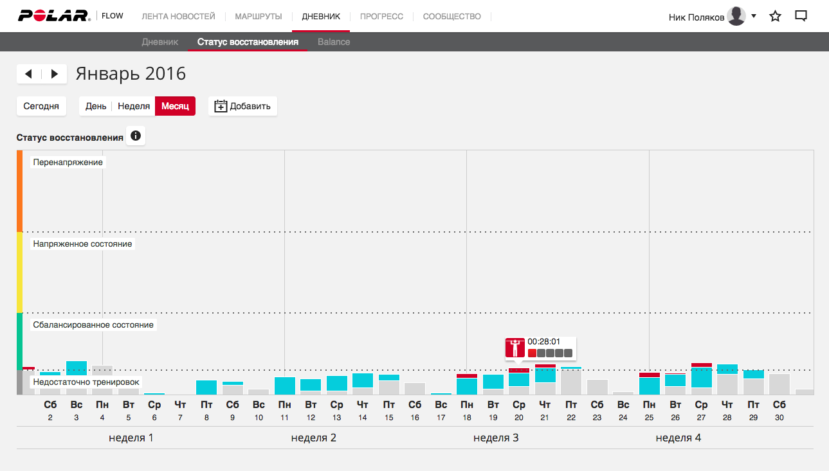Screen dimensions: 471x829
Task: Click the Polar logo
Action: pos(54,16)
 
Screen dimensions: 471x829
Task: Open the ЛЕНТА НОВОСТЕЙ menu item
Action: pos(178,17)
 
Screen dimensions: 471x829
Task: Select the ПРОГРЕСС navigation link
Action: pos(381,17)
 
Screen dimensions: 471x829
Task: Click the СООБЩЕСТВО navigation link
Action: pos(451,17)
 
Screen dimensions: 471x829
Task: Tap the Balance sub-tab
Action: pos(334,42)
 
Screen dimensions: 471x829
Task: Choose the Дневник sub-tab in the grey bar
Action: pos(159,42)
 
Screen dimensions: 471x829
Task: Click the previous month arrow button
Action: pos(29,74)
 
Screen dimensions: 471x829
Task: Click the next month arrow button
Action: pos(55,74)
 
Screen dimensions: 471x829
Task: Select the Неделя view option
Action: pos(134,106)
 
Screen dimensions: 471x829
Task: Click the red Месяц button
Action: pos(175,106)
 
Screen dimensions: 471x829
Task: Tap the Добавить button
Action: pos(242,106)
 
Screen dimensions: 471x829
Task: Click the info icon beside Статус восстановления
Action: pos(136,136)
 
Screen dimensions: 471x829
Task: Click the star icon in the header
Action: pos(775,17)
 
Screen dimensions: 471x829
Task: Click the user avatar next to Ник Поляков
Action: pos(736,16)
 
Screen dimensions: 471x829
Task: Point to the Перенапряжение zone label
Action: pos(68,163)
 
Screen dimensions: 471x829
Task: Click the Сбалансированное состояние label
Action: pos(93,325)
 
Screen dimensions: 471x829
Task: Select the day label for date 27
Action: pos(702,410)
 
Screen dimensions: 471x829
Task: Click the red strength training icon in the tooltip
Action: pos(515,348)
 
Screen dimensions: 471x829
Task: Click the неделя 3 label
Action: pos(496,438)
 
